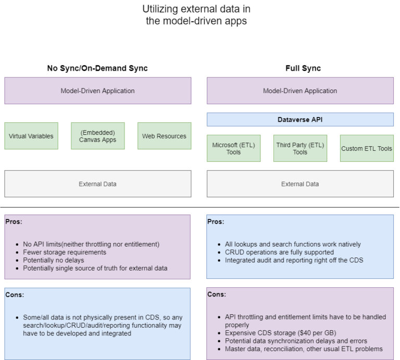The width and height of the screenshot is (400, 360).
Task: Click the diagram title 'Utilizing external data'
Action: (199, 9)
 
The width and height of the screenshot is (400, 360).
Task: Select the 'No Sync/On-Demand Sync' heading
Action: (97, 68)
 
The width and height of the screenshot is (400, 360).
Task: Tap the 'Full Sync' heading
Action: (303, 68)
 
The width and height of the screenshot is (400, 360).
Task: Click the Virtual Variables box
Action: (31, 136)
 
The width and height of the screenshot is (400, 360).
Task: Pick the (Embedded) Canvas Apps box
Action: (97, 136)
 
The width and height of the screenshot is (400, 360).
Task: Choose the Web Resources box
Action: (164, 136)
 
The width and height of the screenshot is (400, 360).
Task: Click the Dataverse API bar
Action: (300, 120)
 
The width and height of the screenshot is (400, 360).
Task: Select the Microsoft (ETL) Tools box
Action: (233, 148)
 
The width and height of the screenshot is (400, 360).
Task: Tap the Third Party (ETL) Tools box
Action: (300, 148)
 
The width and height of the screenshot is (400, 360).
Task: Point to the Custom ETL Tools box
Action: (367, 148)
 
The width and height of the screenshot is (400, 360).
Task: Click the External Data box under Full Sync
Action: (300, 184)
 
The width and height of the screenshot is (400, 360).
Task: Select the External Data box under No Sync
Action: (97, 184)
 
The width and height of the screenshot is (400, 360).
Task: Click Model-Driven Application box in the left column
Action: (97, 91)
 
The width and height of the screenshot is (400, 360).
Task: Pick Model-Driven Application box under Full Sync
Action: (300, 91)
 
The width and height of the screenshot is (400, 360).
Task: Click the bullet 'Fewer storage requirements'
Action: (65, 252)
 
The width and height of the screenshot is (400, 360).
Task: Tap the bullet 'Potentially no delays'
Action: (57, 260)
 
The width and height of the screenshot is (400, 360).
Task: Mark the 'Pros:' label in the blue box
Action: (216, 222)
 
